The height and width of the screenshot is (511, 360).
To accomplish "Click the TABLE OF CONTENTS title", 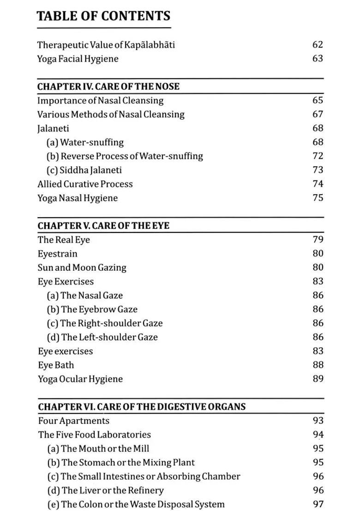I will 103,16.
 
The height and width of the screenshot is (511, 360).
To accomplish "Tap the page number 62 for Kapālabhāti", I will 318,45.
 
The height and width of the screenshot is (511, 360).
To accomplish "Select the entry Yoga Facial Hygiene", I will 78,59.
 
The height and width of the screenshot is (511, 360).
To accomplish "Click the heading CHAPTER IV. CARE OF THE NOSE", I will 108,86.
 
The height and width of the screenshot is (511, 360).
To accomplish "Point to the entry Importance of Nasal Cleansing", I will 100,100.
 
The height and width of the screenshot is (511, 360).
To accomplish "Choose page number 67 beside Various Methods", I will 318,114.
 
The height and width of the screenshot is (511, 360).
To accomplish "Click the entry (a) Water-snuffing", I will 85,142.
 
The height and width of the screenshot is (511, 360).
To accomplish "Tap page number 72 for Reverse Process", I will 318,156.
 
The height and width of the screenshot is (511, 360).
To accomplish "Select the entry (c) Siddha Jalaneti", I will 84,170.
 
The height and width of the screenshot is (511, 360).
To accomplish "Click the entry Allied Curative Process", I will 85,184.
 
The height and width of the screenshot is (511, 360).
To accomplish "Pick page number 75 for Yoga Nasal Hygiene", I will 318,198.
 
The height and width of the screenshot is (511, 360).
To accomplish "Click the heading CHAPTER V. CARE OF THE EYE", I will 103,226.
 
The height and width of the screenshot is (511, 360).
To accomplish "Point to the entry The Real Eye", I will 64,239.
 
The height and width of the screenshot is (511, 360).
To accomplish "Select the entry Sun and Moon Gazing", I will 82,267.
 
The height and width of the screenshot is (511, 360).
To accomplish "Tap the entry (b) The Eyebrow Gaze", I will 92,309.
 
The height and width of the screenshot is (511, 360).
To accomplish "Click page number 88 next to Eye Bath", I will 318,365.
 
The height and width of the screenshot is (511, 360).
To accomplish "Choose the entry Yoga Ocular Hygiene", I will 80,379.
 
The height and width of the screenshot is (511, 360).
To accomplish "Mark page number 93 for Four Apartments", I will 318,421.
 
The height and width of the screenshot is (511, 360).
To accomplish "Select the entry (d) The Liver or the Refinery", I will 105,490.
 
